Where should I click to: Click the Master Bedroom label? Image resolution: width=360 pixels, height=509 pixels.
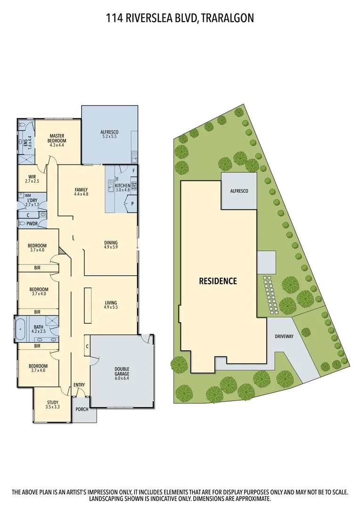[57, 138]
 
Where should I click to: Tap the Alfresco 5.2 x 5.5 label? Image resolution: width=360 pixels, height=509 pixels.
[109, 134]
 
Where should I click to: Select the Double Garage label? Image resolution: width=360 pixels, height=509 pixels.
[122, 371]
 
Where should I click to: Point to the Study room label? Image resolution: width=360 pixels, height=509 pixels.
[52, 402]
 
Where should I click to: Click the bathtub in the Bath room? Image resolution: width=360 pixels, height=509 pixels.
[20, 329]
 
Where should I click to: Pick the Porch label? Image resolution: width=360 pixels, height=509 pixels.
[82, 409]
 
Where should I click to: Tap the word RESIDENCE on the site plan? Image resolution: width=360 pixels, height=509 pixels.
[217, 281]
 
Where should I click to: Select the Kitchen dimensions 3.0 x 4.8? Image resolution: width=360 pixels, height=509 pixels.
[123, 190]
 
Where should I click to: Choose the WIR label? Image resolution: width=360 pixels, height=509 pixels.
[33, 178]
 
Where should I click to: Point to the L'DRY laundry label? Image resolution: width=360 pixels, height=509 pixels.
[33, 201]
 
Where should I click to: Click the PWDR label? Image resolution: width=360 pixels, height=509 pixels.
[33, 224]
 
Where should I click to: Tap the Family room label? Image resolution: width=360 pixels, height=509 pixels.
[81, 190]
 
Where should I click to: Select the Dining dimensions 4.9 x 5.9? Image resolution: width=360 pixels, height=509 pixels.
[111, 247]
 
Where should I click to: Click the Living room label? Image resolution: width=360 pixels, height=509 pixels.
[111, 303]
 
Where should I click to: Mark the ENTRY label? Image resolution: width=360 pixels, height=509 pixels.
[79, 385]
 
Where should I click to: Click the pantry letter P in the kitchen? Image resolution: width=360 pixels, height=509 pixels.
[132, 204]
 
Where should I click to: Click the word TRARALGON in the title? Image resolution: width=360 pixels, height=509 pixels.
[228, 18]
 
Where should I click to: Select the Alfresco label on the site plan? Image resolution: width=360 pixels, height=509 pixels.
[239, 191]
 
